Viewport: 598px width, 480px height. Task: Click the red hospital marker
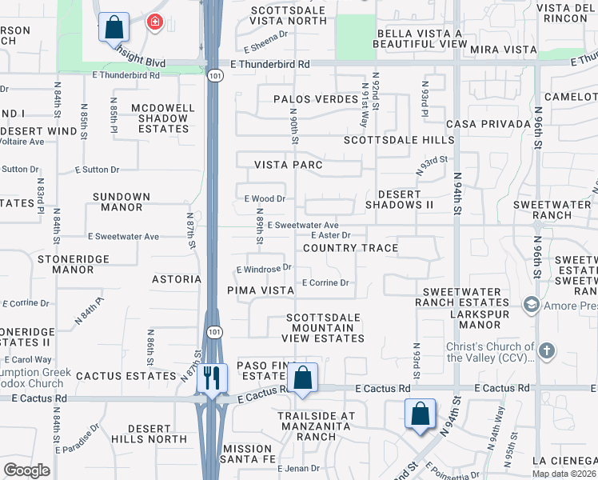tap(153, 22)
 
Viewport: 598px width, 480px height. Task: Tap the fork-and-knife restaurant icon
tap(212, 377)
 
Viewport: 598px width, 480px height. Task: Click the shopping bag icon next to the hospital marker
tap(114, 26)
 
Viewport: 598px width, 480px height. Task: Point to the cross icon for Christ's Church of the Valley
tap(546, 350)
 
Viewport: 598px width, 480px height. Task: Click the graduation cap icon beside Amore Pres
tap(530, 305)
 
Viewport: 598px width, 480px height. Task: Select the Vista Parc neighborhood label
tap(288, 165)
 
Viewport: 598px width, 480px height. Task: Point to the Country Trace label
tap(350, 248)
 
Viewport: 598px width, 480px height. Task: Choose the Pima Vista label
tap(261, 290)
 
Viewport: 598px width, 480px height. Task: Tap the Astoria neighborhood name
tap(176, 279)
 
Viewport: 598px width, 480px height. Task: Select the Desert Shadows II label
tap(399, 199)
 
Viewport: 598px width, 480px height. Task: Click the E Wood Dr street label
tap(265, 198)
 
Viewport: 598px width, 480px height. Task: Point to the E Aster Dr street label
tap(330, 235)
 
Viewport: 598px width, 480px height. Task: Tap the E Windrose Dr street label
tap(263, 269)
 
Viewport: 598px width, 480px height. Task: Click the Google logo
tap(26, 470)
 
